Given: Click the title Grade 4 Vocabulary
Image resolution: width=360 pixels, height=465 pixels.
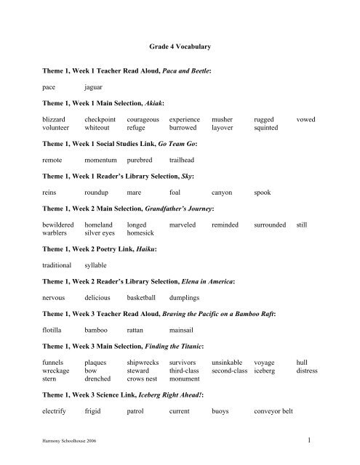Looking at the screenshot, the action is pyautogui.click(x=179, y=45).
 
